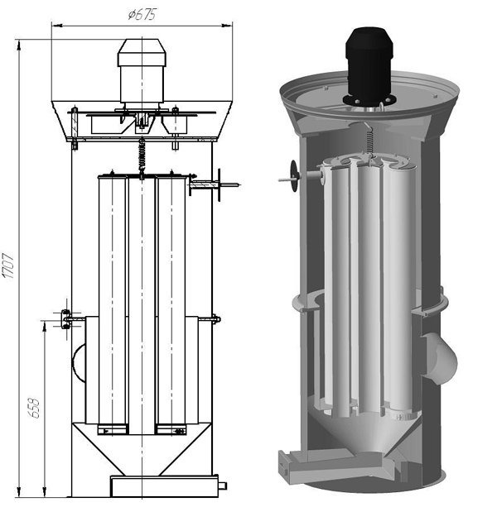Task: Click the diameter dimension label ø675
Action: click(142, 15)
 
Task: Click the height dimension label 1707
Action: click(7, 266)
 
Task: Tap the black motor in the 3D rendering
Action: click(369, 65)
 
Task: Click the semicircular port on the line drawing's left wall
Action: click(78, 362)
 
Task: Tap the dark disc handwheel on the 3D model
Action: click(294, 176)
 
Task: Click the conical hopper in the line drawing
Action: click(142, 449)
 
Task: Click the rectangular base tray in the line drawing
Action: click(165, 486)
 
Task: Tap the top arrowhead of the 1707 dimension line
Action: click(19, 45)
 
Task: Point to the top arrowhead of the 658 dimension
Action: click(45, 326)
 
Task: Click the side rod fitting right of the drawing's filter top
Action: click(215, 185)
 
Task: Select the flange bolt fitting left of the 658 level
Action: click(66, 319)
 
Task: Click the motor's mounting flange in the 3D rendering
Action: click(369, 101)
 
